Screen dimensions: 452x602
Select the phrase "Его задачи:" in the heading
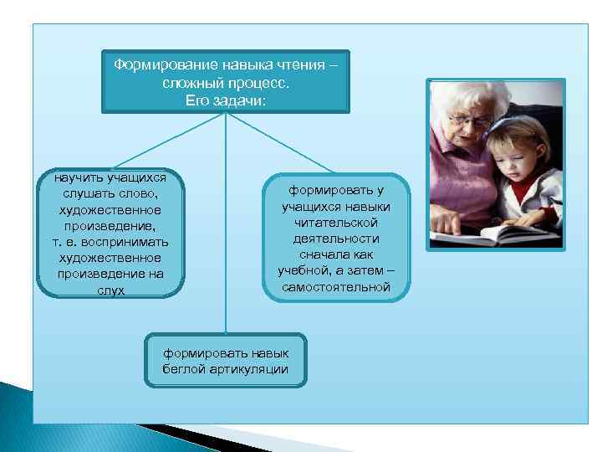(x=226, y=101)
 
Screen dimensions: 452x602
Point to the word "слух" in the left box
(x=110, y=290)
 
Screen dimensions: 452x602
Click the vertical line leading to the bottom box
(x=226, y=251)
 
